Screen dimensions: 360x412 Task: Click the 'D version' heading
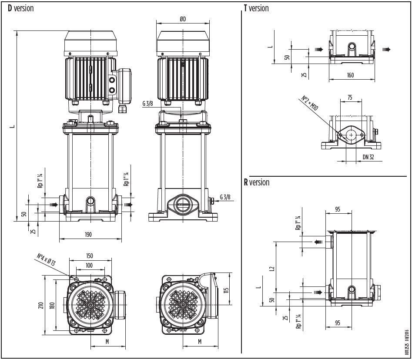click(x=20, y=8)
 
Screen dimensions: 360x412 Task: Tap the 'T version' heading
click(x=256, y=8)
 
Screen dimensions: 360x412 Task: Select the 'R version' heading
click(x=256, y=182)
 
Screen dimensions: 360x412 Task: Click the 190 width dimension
click(x=88, y=235)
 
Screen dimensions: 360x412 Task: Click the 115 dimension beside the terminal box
click(x=226, y=290)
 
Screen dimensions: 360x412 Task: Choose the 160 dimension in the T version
click(x=351, y=75)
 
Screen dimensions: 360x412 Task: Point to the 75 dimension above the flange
click(x=350, y=98)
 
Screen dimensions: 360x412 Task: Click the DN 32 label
click(x=368, y=157)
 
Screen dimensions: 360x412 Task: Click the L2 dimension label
click(x=271, y=269)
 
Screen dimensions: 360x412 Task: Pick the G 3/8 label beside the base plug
click(x=225, y=197)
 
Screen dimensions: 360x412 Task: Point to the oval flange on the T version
click(x=351, y=135)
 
